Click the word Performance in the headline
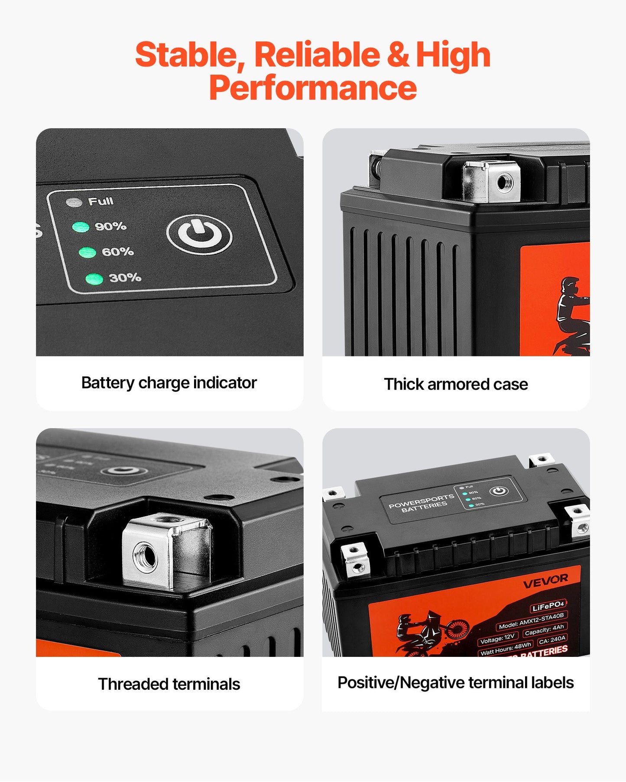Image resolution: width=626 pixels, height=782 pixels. pyautogui.click(x=313, y=88)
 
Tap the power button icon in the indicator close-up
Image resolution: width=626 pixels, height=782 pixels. pyautogui.click(x=200, y=235)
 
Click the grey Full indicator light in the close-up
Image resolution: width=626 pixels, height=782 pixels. pyautogui.click(x=74, y=202)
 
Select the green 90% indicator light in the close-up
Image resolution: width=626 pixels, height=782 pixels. pyautogui.click(x=81, y=227)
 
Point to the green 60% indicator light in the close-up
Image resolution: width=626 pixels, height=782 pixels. pyautogui.click(x=88, y=252)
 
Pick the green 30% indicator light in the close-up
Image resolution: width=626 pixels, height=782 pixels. pyautogui.click(x=94, y=279)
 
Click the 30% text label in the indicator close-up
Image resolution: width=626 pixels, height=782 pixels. pyautogui.click(x=125, y=278)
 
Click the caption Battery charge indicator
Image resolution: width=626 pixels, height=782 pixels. pyautogui.click(x=169, y=383)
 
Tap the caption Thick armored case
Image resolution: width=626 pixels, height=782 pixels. pyautogui.click(x=456, y=384)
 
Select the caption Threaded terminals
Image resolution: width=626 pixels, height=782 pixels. pyautogui.click(x=169, y=684)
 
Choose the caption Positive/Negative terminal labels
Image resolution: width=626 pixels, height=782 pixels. pyautogui.click(x=455, y=682)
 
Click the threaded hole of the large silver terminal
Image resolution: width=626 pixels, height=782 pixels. pyautogui.click(x=145, y=556)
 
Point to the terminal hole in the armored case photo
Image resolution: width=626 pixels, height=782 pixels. pyautogui.click(x=503, y=182)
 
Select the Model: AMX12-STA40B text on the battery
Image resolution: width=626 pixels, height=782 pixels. pyautogui.click(x=531, y=621)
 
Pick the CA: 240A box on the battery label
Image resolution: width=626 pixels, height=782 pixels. pyautogui.click(x=552, y=639)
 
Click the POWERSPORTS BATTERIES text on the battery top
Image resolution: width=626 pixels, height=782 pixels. pyautogui.click(x=422, y=503)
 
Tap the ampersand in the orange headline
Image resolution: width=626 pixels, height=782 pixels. pyautogui.click(x=398, y=55)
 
